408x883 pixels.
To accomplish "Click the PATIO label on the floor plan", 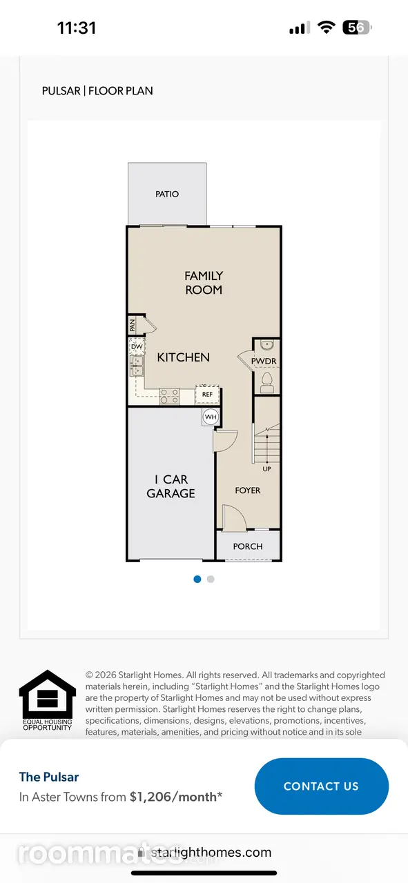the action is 167,194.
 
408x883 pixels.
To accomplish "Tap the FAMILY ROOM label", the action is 204,283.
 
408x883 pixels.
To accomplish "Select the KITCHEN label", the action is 184,357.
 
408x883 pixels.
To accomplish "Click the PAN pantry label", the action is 132,325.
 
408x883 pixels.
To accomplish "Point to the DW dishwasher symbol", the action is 137,346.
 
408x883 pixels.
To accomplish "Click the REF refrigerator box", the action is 208,394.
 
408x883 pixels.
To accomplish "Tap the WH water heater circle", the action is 211,417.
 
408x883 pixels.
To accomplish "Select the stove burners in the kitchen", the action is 169,396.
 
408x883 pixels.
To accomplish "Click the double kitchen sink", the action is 137,366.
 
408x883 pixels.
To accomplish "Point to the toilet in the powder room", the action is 267,382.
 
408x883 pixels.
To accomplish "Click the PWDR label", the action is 264,361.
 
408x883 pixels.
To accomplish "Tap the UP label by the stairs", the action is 266,469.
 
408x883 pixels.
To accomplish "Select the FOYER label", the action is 248,490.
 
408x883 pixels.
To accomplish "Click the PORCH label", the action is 248,546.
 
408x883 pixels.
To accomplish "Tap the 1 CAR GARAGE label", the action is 171,486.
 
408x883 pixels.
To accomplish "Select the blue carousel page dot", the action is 197,579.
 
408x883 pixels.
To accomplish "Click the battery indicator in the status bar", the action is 357,28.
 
